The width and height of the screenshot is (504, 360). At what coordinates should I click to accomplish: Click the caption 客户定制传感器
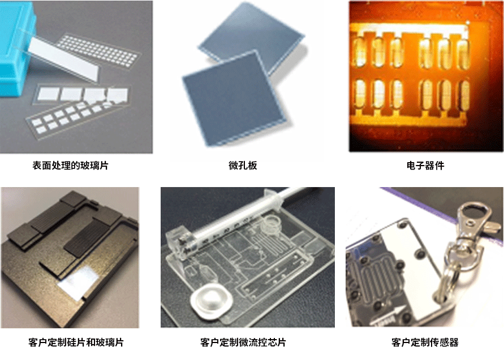click(425, 342)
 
